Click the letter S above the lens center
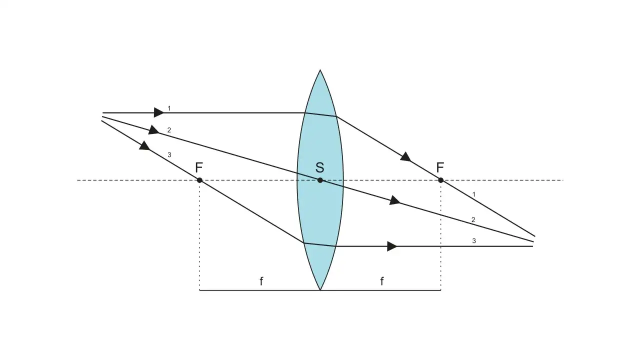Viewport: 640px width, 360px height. [x=319, y=167]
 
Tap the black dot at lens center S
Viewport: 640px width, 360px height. [x=320, y=180]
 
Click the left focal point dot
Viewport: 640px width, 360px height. [x=199, y=180]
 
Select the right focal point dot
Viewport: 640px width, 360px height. [x=440, y=180]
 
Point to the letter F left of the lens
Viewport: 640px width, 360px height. [x=199, y=167]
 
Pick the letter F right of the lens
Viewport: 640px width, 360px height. [x=440, y=167]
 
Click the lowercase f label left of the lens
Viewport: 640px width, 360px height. [x=261, y=281]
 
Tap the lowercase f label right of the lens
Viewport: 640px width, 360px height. [x=381, y=281]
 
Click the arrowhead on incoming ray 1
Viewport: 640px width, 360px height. [x=159, y=112]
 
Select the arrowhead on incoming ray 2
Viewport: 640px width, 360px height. [x=153, y=130]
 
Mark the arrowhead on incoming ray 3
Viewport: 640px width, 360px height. [x=144, y=145]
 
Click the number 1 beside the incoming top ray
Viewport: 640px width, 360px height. [x=169, y=108]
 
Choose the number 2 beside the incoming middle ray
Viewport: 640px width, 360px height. [x=169, y=130]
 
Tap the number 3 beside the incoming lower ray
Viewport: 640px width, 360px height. [x=169, y=155]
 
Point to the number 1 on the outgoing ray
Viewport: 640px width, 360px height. [x=473, y=194]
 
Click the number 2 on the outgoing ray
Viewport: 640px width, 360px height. [x=473, y=219]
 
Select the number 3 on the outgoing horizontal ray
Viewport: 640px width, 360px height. [x=474, y=241]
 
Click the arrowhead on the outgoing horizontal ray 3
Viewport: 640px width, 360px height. [x=392, y=246]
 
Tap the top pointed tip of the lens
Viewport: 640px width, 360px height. [x=320, y=69]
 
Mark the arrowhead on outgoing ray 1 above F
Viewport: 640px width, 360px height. [x=405, y=157]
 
